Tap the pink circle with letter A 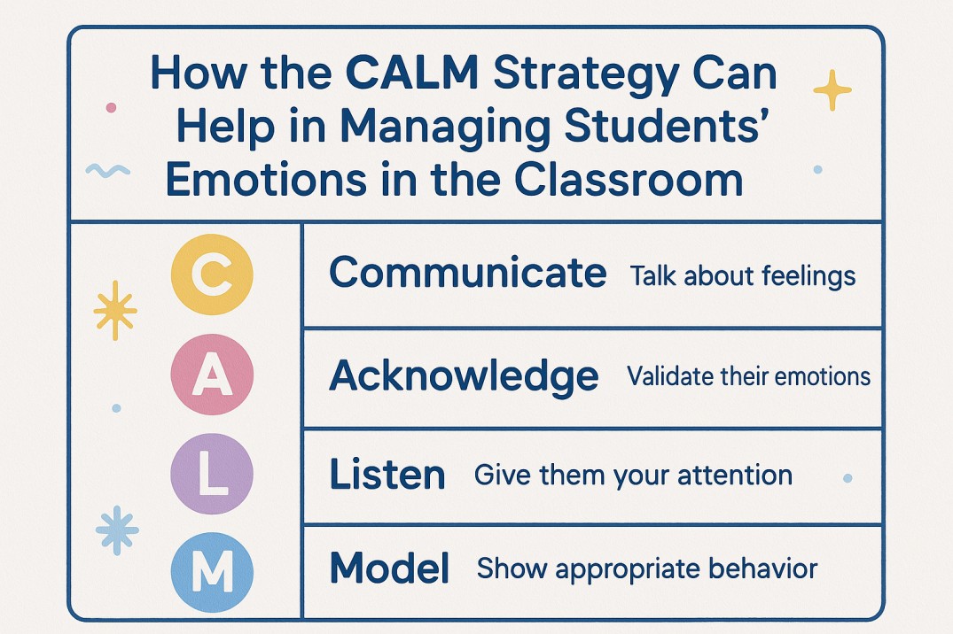click(211, 376)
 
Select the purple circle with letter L click(211, 475)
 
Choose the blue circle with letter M click(211, 571)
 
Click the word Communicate click(468, 274)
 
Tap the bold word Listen click(387, 475)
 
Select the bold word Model click(389, 568)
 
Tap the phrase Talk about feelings click(743, 276)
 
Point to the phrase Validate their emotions click(748, 377)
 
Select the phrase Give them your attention click(633, 475)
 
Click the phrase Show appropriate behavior click(646, 568)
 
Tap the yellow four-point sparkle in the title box click(832, 89)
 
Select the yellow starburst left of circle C click(115, 310)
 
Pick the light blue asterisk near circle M click(117, 530)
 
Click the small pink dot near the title click(111, 107)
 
